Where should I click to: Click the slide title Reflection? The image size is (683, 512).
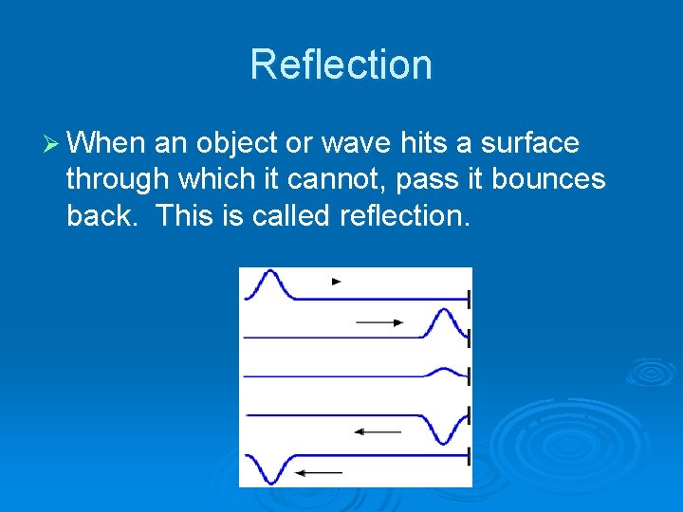click(x=341, y=64)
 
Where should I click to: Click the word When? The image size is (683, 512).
click(x=107, y=143)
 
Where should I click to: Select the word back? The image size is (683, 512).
click(x=102, y=215)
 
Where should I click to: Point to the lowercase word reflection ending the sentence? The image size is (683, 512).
click(x=402, y=215)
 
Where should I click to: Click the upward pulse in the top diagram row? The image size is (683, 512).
click(x=268, y=282)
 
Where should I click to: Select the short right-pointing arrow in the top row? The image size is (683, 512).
click(x=336, y=282)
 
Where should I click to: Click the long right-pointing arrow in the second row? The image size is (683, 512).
click(x=379, y=322)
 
